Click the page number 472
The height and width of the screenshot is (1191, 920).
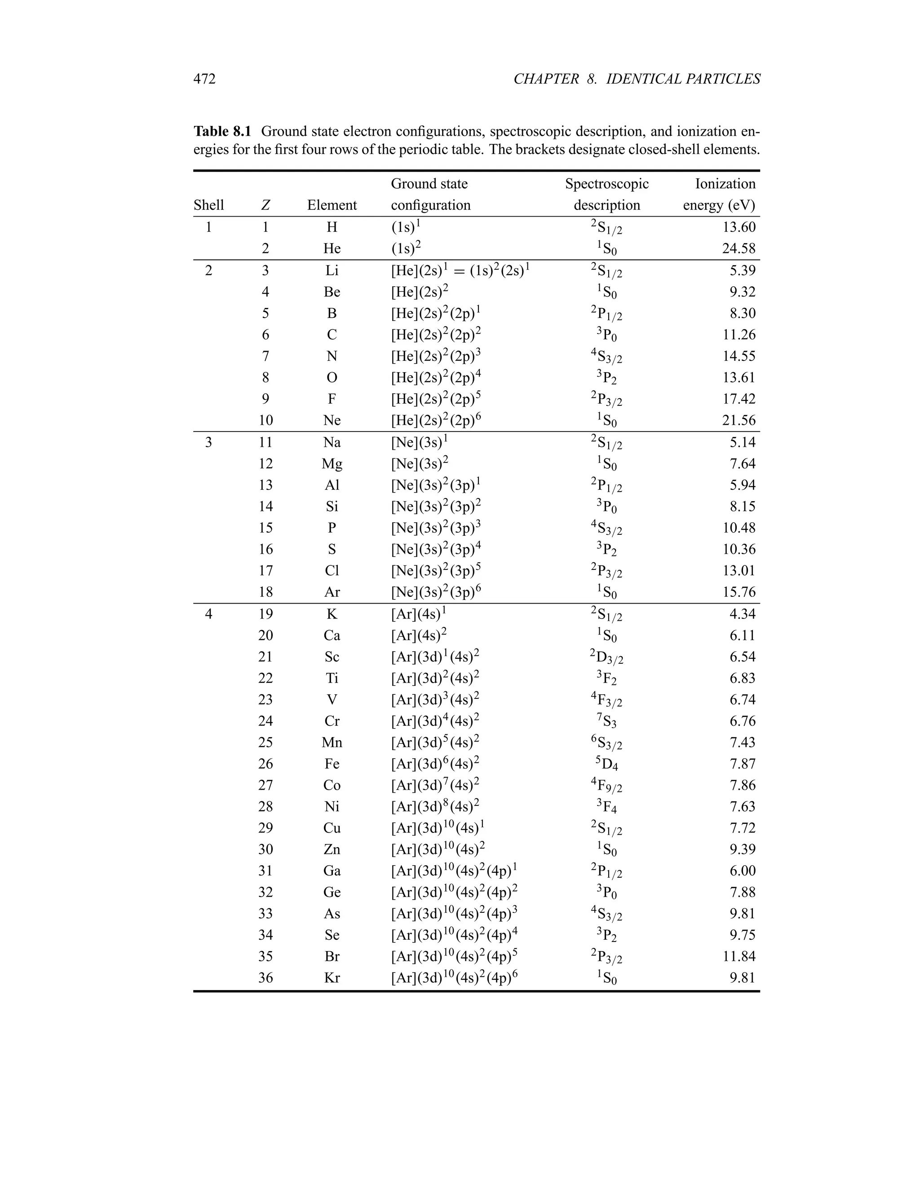pos(204,79)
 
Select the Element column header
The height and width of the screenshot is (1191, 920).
pos(332,205)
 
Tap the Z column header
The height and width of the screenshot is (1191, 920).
pos(265,205)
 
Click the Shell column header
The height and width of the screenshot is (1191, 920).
pos(209,205)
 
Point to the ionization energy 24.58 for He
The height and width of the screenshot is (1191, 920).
pos(739,249)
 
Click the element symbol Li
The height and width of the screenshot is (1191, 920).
pos(332,271)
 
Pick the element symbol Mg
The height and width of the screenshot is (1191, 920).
pos(332,463)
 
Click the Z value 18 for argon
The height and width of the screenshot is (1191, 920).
pos(265,592)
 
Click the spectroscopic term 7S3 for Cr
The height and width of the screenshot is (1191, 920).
pos(606,721)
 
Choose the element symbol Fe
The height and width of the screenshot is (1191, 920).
pos(332,764)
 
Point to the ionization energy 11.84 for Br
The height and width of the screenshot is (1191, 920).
pos(739,956)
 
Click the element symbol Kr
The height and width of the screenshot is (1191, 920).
pos(332,978)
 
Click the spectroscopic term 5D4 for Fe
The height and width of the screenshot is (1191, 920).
pos(606,764)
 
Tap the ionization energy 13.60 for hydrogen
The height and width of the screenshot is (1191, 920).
pos(739,227)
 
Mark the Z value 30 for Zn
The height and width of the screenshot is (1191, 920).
pos(265,849)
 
